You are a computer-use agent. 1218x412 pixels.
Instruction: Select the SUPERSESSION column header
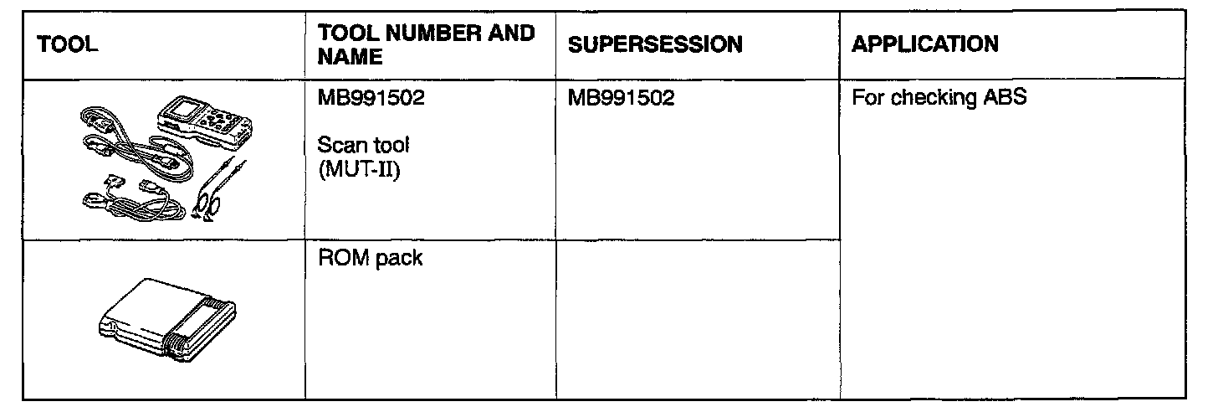pyautogui.click(x=654, y=45)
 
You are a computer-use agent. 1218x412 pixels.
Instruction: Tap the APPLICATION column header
pyautogui.click(x=924, y=44)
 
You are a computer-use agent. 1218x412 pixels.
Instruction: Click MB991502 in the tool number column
pyautogui.click(x=371, y=99)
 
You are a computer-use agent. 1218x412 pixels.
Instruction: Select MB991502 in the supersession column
pyautogui.click(x=622, y=99)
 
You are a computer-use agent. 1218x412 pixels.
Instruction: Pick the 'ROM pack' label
pyautogui.click(x=370, y=258)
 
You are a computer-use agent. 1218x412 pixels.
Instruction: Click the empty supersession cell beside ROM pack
pyautogui.click(x=697, y=318)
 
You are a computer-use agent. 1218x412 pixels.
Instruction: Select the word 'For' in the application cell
pyautogui.click(x=865, y=99)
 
